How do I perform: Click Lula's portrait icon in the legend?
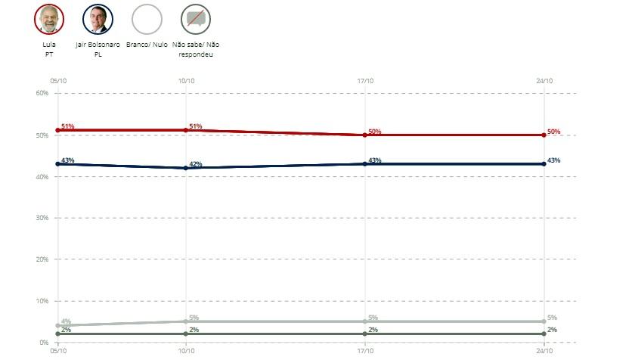coord(49,19)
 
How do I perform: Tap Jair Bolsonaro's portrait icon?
coord(98,19)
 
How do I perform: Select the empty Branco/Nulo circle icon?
coord(147,19)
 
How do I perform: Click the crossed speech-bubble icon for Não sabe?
coord(196,19)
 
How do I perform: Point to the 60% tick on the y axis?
coord(42,93)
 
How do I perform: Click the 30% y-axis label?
coord(42,218)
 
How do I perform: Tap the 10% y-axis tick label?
coord(42,301)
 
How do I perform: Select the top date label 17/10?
coord(364,79)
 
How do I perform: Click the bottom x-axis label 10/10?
coord(186,352)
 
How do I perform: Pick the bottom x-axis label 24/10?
coord(544,352)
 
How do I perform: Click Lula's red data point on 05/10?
coord(57,130)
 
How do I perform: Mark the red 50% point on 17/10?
coord(365,135)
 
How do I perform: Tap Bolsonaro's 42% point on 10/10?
coord(186,168)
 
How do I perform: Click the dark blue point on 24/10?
coord(544,164)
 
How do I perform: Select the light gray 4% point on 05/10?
coord(57,325)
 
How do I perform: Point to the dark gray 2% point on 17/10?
coord(365,334)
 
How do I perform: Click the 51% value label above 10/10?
coord(195,126)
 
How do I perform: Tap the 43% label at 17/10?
coord(374,160)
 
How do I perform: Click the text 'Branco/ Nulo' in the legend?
coord(147,45)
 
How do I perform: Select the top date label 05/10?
coord(58,79)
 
